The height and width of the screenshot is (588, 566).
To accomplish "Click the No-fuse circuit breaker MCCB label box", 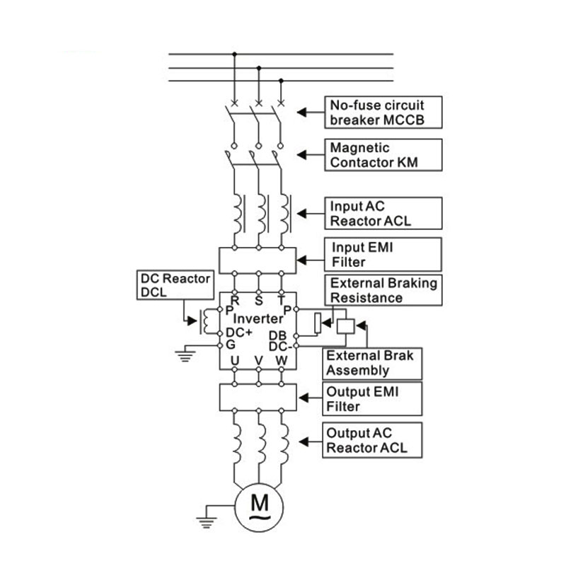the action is (x=383, y=112).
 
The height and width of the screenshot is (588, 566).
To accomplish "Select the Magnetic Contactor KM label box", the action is (x=383, y=155).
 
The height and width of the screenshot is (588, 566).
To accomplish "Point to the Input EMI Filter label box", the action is (x=383, y=254).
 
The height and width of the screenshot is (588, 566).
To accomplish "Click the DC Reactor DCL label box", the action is (x=175, y=285).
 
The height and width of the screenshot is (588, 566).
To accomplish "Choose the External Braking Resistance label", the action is (x=383, y=290).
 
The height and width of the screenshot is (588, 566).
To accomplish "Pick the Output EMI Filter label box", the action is (x=372, y=398).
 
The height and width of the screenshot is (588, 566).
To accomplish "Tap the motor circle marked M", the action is (x=259, y=507).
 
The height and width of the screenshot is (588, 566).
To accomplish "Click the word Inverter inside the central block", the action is (x=258, y=318).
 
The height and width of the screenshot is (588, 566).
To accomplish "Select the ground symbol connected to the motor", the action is (x=206, y=522).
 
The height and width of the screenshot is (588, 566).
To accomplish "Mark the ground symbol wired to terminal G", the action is (x=185, y=356).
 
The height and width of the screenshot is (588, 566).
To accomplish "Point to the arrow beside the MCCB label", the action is (x=311, y=112).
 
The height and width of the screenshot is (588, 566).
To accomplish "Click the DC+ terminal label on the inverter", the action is (x=239, y=333).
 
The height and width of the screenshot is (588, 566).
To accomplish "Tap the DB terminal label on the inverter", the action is (x=278, y=335).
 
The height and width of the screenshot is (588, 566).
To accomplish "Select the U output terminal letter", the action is (x=235, y=361).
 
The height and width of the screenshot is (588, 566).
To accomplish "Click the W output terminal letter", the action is (x=282, y=361).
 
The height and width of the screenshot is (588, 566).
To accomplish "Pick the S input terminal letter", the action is (x=259, y=301).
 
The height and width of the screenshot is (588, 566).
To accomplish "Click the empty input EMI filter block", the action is (x=258, y=260).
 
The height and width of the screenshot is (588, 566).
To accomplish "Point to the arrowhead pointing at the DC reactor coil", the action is (x=192, y=321).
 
